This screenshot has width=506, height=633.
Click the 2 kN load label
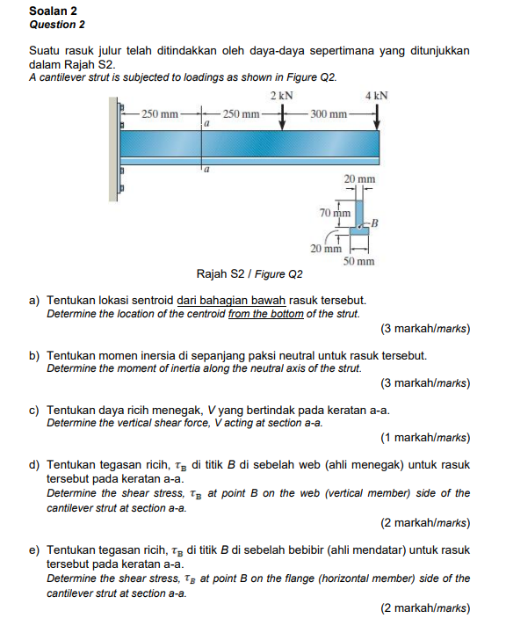282,96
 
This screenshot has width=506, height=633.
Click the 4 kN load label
377,96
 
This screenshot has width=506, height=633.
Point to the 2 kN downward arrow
282,117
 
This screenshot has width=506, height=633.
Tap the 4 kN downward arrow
377,117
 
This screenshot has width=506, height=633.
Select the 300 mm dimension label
329,114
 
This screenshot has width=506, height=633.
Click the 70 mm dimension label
335,213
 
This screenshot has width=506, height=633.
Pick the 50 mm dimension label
358,261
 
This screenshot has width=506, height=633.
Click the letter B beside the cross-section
374,222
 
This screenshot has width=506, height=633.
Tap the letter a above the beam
206,124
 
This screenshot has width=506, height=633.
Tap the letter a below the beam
206,170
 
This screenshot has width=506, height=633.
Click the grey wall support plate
113,149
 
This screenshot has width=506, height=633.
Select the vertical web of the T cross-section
359,214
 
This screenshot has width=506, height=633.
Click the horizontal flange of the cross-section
359,230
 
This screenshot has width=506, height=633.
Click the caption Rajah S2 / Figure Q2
249,274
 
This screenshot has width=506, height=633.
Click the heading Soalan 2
53,11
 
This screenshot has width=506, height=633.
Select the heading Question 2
57,25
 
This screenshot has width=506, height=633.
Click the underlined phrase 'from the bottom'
266,314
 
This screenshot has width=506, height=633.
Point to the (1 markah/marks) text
425,438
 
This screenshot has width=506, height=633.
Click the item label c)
34,411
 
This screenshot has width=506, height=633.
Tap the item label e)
34,550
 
